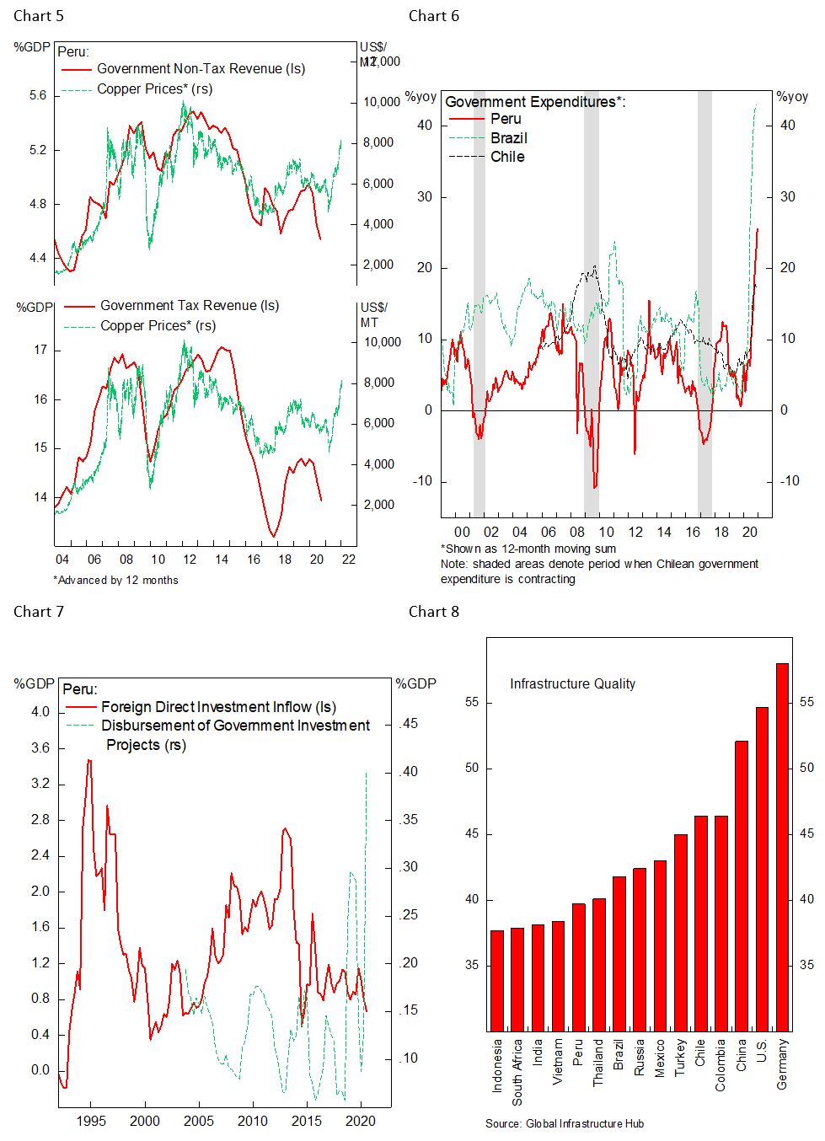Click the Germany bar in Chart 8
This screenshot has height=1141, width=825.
click(x=782, y=847)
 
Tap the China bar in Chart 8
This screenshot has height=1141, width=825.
click(x=742, y=886)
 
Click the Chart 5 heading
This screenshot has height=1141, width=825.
click(x=39, y=16)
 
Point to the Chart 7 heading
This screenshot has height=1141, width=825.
click(x=39, y=612)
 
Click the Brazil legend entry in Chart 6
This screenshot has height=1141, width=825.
click(x=509, y=138)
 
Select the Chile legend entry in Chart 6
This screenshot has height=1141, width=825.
click(x=507, y=157)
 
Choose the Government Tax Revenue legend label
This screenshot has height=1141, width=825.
click(x=189, y=306)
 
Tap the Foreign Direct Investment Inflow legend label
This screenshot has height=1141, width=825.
click(x=218, y=707)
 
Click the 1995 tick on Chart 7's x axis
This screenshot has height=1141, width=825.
click(x=92, y=1121)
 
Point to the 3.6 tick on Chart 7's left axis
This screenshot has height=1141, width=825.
click(x=40, y=748)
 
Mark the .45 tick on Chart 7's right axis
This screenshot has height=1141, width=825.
click(x=408, y=724)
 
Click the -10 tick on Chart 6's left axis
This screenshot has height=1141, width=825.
click(x=421, y=481)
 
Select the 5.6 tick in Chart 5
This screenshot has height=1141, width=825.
click(x=38, y=96)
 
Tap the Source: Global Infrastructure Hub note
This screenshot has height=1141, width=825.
click(x=565, y=1123)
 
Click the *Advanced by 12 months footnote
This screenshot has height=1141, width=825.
click(x=115, y=580)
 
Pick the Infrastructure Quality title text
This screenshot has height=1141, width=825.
click(x=572, y=684)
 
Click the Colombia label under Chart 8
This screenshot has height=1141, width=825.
click(x=721, y=1065)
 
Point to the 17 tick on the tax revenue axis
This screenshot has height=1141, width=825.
click(x=40, y=350)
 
